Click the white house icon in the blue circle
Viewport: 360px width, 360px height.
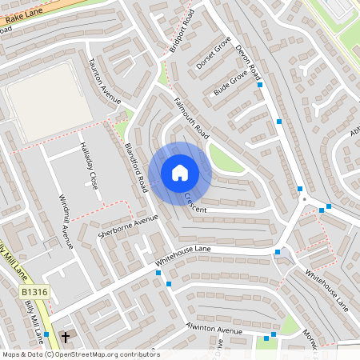tap(180, 172)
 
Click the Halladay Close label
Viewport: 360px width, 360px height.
tap(88, 166)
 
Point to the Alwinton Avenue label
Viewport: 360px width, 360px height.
tap(214, 330)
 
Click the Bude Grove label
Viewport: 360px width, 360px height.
tap(230, 82)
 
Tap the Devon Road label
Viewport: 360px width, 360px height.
tap(250, 62)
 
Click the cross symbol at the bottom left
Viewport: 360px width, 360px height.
tap(66, 338)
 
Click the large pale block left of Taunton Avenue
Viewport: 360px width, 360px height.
tap(50, 103)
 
